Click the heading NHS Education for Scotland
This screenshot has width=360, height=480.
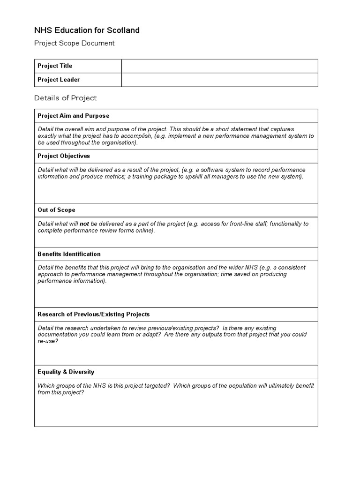pos(87,30)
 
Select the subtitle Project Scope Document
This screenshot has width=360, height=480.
pos(74,43)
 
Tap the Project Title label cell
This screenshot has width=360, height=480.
pos(55,66)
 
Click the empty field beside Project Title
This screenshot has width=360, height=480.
pos(219,66)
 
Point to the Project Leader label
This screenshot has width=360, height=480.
pos(59,80)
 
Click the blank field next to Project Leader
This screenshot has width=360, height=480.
pos(219,80)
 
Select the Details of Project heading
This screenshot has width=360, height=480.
pos(65,98)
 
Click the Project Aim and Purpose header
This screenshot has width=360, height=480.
pos(73,116)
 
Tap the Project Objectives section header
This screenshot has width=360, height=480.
pos(63,156)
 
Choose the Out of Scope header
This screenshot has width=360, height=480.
pos(56,210)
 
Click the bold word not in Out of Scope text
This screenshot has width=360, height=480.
pos(84,224)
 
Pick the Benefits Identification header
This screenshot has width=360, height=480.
pos(69,254)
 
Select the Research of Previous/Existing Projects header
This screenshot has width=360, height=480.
pos(94,314)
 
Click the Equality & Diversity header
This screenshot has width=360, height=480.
pos(66,372)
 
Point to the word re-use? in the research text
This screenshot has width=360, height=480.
pos(48,341)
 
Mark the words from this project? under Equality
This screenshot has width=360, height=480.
pos(61,392)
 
